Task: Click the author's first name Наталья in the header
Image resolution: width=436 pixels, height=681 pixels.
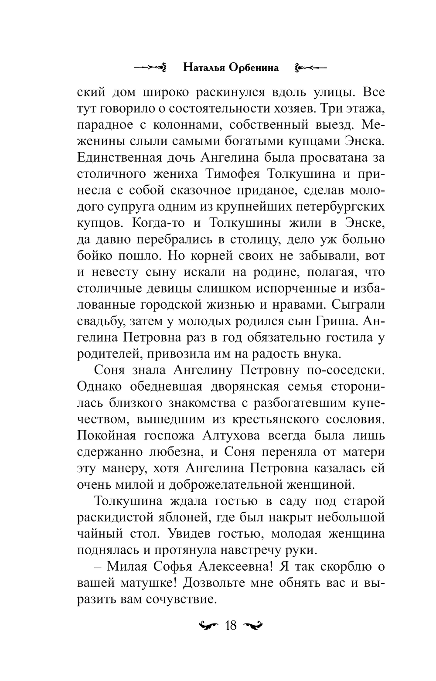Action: pyautogui.click(x=205, y=68)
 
